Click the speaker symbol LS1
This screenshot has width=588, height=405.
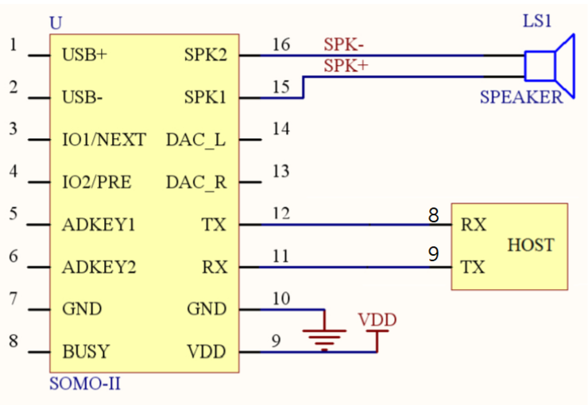pos(549,67)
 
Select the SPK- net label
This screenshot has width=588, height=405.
pos(343,44)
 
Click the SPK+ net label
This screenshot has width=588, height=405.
pos(346,66)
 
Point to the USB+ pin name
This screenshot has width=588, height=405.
pos(84,55)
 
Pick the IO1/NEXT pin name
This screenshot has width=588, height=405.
pos(104,140)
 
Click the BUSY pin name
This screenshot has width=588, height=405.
pos(86,352)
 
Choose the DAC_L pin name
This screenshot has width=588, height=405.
pos(195,140)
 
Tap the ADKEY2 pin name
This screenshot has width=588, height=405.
pos(99,267)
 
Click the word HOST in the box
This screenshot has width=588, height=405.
pos(531,245)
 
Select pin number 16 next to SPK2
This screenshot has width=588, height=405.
pos(281,44)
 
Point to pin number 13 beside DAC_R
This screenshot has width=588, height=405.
pos(280,172)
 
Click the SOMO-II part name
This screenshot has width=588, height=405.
pos(85,384)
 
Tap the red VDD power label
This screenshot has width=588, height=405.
pos(377,320)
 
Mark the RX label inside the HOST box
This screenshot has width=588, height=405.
pos(474,225)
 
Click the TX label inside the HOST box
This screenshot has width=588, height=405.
pos(473,267)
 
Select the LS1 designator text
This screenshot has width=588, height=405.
pos(537,21)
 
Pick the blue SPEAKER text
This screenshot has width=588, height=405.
pos(521,98)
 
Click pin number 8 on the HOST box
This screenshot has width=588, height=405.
pos(434,215)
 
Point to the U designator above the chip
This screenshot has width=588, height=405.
pos(56,23)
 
